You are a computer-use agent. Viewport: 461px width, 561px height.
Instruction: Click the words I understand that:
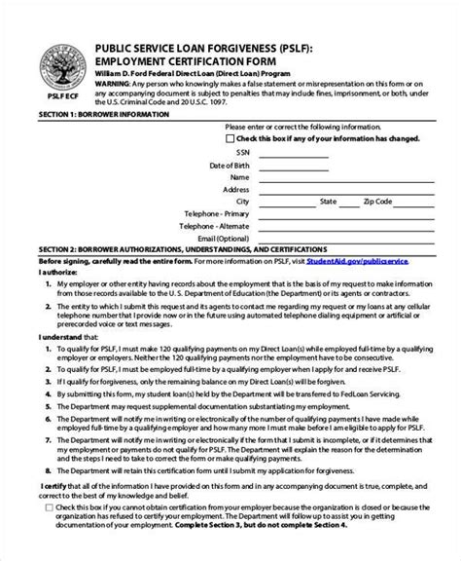tap(37, 336)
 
